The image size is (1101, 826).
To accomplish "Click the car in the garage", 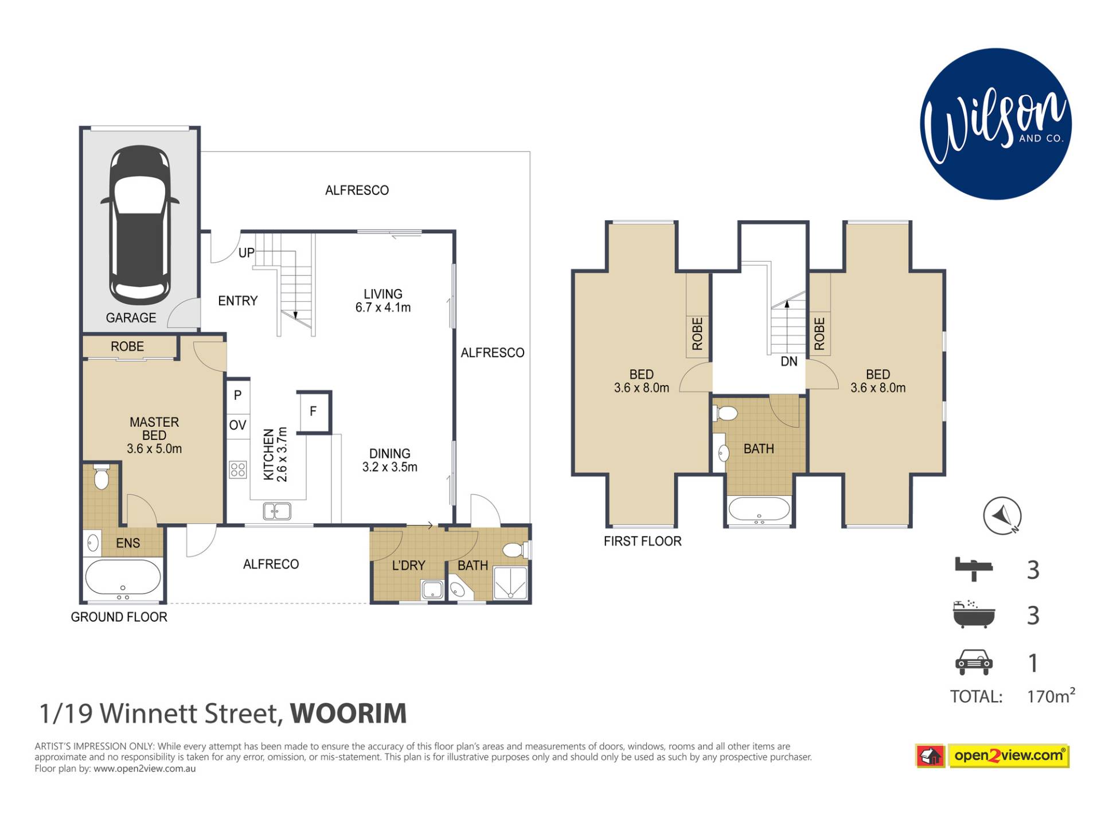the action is coord(140,225).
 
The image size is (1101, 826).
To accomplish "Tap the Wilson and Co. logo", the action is coord(996,124).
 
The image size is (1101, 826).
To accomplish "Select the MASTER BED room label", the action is coord(154,429).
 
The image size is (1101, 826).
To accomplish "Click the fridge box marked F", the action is coord(314,411).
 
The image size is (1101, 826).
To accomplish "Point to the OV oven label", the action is coord(237,425).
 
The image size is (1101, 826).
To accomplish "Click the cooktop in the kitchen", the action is coord(238,470).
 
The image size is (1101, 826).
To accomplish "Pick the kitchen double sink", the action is coord(277,511).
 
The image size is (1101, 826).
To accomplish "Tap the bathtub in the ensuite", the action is coord(123,578).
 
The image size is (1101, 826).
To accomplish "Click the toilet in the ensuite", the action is coord(101,476).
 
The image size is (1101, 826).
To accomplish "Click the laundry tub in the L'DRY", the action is coord(432,590).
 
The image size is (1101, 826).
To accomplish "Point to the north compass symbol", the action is coord(1002,516).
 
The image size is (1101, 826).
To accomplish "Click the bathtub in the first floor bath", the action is coord(759,509).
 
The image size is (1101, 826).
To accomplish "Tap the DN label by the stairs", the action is coord(789,361).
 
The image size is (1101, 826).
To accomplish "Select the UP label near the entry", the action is coord(247,252).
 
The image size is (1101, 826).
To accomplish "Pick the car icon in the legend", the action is coord(974,662).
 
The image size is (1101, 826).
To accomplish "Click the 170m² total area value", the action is coord(1051,695).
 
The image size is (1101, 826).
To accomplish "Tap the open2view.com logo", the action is coord(993,755).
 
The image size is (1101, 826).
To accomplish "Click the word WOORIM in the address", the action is coord(349,714).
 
